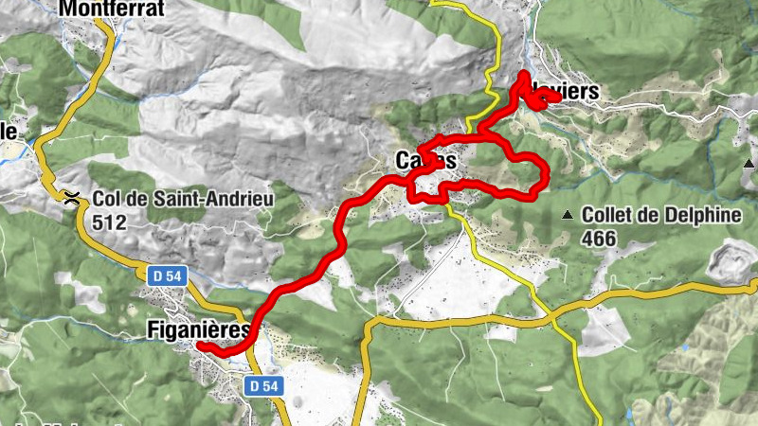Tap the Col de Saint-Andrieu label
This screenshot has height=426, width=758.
click(x=183, y=200)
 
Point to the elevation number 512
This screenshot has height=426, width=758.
click(x=110, y=221)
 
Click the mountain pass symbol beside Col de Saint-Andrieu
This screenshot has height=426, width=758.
click(x=72, y=198)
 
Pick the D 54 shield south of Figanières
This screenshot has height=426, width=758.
click(x=264, y=386)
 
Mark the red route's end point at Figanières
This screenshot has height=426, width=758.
click(x=202, y=346)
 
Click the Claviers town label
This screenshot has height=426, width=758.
click(x=568, y=91)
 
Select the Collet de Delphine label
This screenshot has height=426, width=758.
click(x=661, y=215)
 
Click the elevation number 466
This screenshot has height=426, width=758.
click(x=599, y=239)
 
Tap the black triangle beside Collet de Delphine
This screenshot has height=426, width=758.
click(x=568, y=215)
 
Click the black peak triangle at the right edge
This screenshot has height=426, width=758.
click(x=749, y=162)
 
